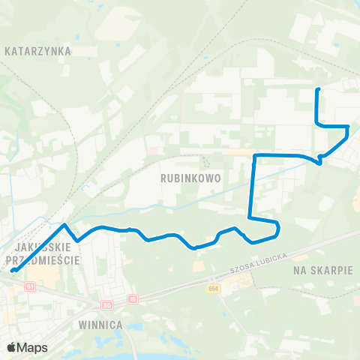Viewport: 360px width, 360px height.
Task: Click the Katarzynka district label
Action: click(x=37, y=52)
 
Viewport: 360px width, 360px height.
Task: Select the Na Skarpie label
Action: click(x=323, y=269)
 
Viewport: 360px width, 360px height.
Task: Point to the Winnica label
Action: click(x=100, y=325)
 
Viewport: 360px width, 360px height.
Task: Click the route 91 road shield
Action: click(x=30, y=286)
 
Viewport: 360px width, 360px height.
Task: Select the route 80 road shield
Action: click(x=106, y=304)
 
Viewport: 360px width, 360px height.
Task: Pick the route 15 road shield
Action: click(x=132, y=299)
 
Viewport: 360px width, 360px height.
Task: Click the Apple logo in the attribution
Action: click(x=12, y=347)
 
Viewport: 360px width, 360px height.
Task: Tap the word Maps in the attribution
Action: click(x=33, y=347)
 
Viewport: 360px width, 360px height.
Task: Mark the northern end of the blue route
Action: click(x=318, y=90)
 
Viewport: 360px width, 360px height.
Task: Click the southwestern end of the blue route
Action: click(x=13, y=271)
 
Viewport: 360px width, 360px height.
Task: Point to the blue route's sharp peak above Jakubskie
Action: click(x=65, y=224)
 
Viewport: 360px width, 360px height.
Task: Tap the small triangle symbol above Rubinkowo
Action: click(x=205, y=161)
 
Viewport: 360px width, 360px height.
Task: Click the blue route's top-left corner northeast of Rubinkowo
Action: click(x=256, y=155)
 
